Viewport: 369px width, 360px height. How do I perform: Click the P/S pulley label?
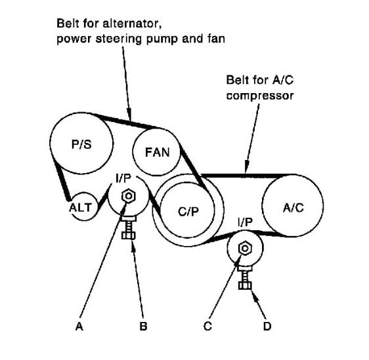click(x=81, y=144)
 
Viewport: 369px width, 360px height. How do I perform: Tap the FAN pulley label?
click(x=157, y=152)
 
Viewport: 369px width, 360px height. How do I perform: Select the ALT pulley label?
click(x=80, y=208)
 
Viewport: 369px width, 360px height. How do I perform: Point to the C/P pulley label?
click(x=188, y=212)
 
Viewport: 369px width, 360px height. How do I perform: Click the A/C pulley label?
click(x=293, y=208)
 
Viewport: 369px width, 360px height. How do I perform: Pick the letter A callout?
click(x=79, y=326)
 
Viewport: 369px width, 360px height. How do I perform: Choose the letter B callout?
click(x=143, y=326)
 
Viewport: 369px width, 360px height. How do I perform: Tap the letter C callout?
click(x=207, y=326)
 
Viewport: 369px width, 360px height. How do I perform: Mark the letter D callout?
click(x=267, y=326)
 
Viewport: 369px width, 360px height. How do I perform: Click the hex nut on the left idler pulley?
click(x=129, y=196)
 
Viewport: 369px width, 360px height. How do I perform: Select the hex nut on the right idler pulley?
click(x=245, y=249)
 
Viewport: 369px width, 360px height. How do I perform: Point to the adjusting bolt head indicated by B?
click(x=128, y=235)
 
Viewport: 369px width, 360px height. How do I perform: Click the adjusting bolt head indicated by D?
click(x=245, y=285)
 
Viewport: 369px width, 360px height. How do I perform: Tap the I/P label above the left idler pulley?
click(x=123, y=178)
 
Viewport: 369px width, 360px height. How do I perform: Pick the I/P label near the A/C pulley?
click(x=245, y=222)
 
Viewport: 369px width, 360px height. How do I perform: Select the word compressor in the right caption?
click(x=260, y=96)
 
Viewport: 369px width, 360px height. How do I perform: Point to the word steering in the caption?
click(x=119, y=39)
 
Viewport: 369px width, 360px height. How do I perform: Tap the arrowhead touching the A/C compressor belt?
click(x=246, y=167)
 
